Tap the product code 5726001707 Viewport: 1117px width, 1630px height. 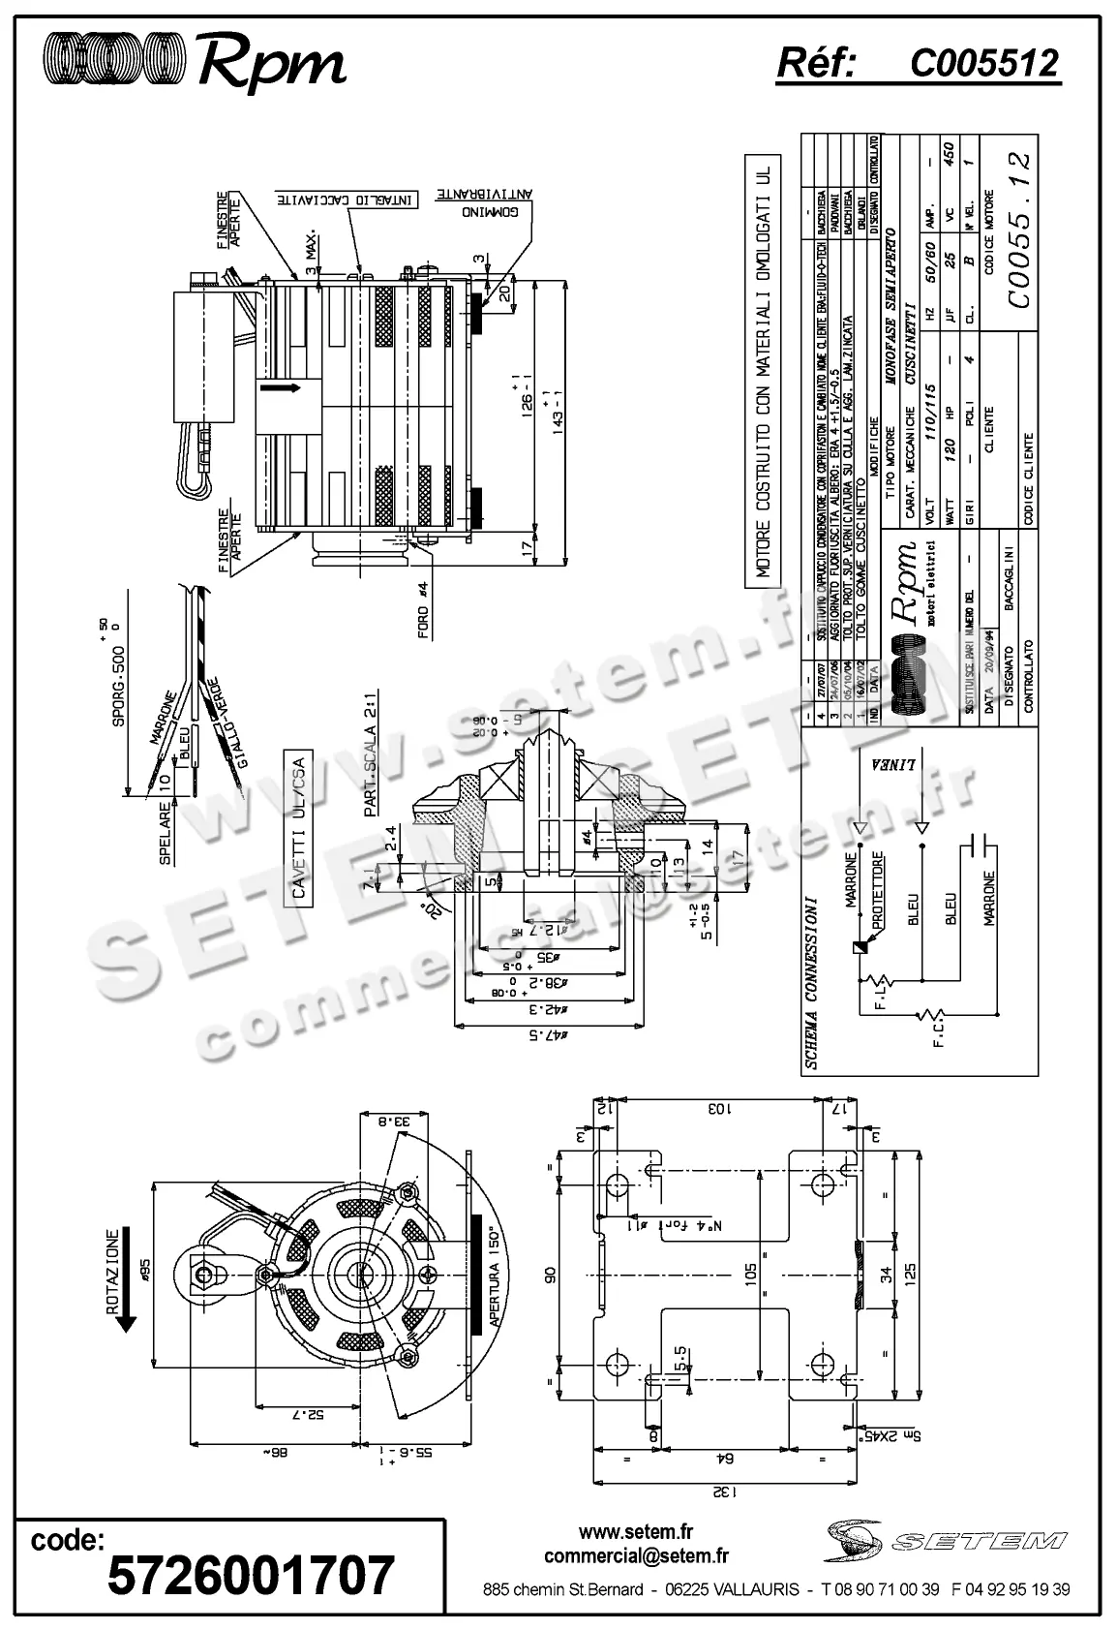251,1574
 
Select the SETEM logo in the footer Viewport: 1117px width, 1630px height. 946,1539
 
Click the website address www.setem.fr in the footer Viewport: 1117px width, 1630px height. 636,1532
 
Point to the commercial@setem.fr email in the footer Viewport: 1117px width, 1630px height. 636,1555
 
